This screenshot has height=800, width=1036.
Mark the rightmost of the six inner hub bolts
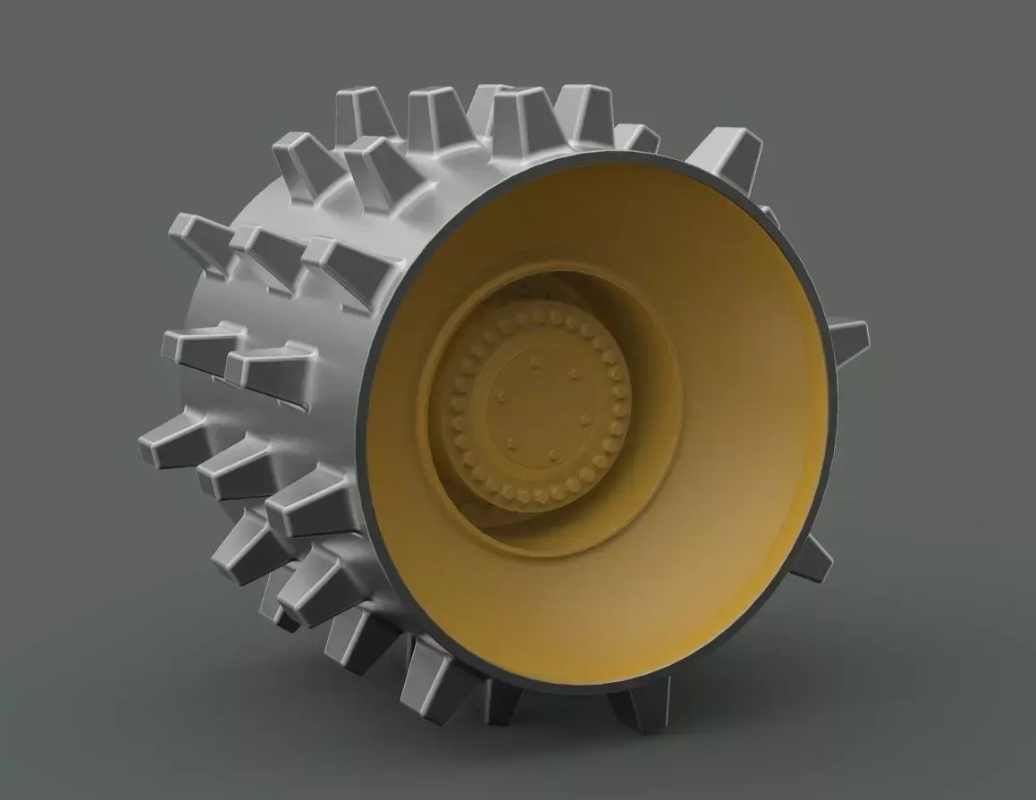[585, 419]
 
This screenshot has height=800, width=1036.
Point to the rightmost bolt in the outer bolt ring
[625, 411]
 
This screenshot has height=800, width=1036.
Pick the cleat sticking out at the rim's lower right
[811, 559]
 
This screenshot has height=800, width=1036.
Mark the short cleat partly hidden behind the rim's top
[636, 137]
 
